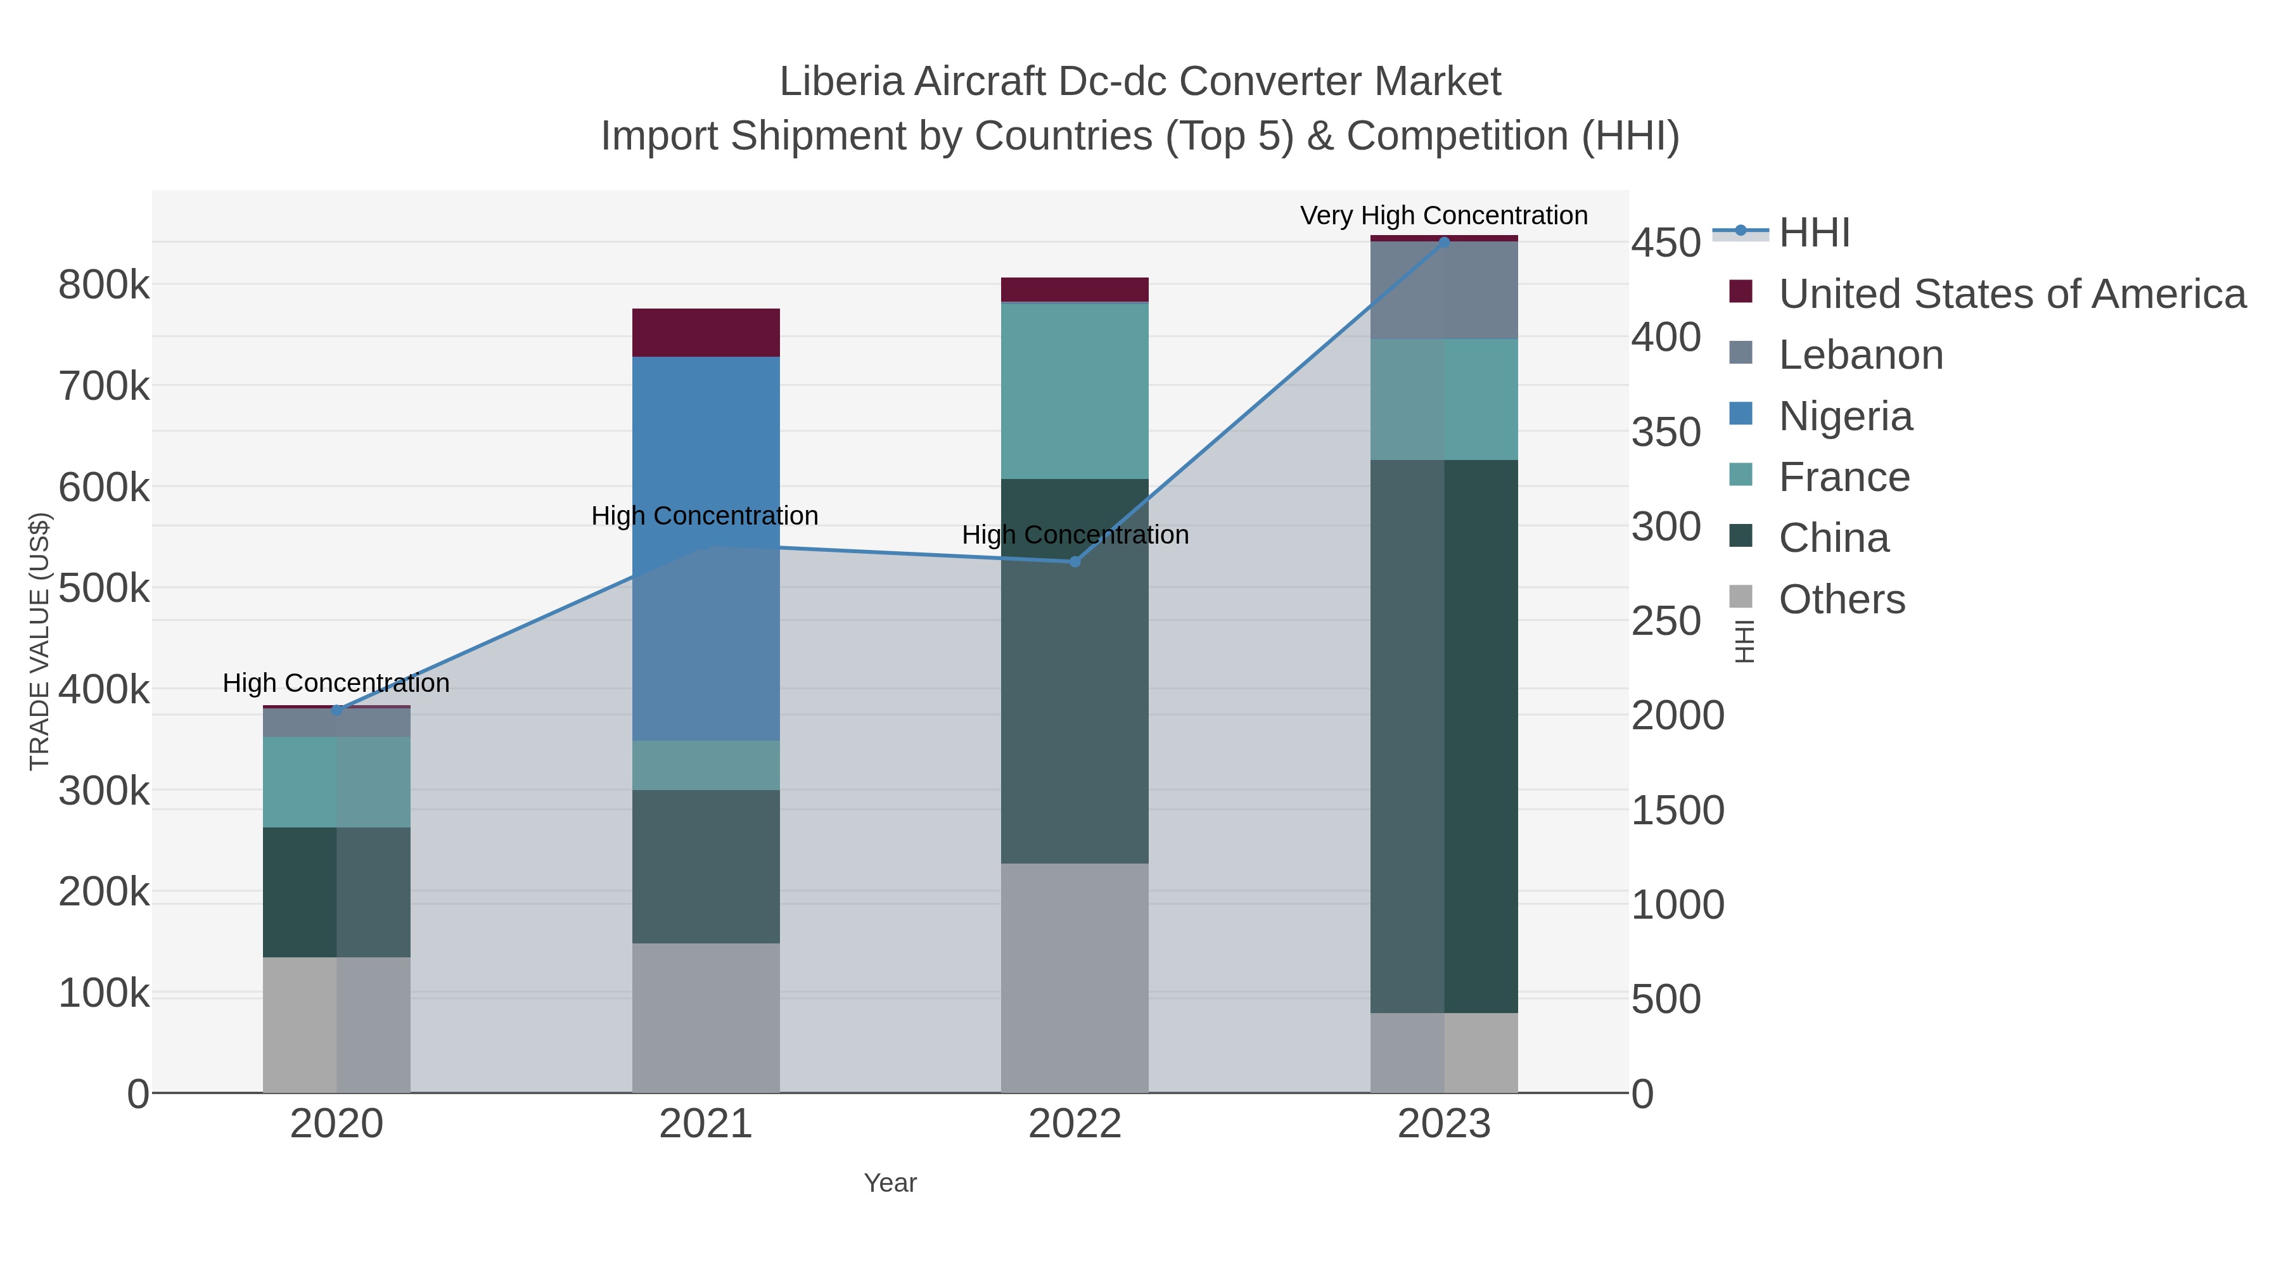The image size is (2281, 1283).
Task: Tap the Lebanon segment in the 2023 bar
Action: click(x=1443, y=290)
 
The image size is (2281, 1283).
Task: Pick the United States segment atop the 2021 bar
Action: click(x=706, y=333)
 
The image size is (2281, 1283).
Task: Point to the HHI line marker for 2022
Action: click(x=1075, y=561)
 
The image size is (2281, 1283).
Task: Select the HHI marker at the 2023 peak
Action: click(x=1444, y=243)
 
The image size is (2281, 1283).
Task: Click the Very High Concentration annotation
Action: click(x=1443, y=215)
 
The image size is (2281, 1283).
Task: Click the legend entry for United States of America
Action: click(x=2011, y=294)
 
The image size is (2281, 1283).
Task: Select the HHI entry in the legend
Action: click(x=1815, y=233)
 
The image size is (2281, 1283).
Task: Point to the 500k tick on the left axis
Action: click(x=104, y=589)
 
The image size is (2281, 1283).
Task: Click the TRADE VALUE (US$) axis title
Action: click(x=40, y=641)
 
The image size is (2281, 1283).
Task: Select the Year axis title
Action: click(x=890, y=1183)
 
